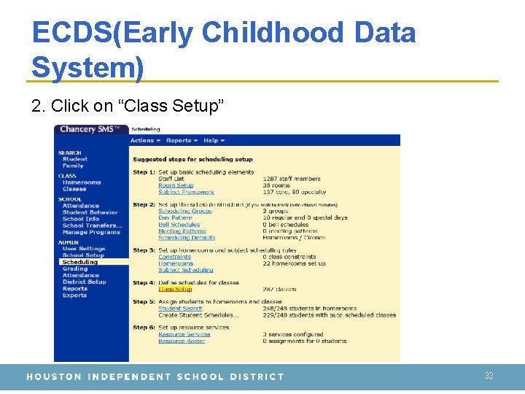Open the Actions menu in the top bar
click(145, 140)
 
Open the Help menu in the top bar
click(214, 140)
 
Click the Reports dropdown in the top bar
click(181, 140)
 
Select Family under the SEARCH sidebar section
click(73, 166)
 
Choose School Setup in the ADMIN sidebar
click(83, 255)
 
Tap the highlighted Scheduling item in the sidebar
click(79, 262)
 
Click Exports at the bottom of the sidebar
click(74, 295)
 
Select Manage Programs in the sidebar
click(91, 232)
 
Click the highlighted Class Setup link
click(175, 289)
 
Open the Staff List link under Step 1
click(171, 179)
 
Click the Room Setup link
click(176, 185)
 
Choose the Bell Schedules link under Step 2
click(179, 225)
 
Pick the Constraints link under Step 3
click(174, 257)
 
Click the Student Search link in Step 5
click(180, 309)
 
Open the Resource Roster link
click(182, 341)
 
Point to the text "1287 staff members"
click(292, 179)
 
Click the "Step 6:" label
click(144, 328)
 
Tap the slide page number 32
click(489, 376)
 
